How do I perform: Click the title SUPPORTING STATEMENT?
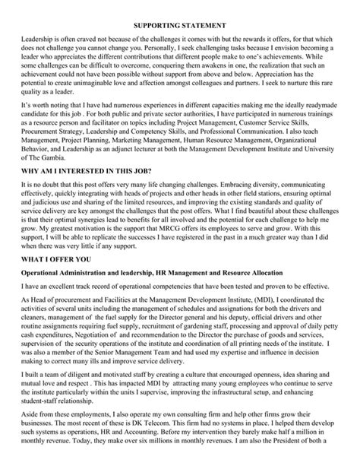coord(179,27)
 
